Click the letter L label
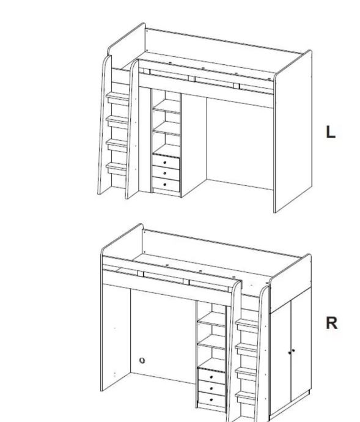pos(331,132)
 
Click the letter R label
pos(331,323)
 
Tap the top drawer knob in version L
pos(165,163)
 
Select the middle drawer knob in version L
pos(165,173)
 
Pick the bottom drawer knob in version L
pos(164,184)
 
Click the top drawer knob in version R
pos(211,377)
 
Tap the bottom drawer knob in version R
pos(211,399)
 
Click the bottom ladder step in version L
pos(117,168)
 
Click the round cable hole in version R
pos(142,360)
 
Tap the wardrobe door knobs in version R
pos(292,351)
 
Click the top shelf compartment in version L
pos(166,100)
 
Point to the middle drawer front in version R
pos(211,388)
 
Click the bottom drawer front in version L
pos(166,184)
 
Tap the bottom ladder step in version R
pos(245,398)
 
